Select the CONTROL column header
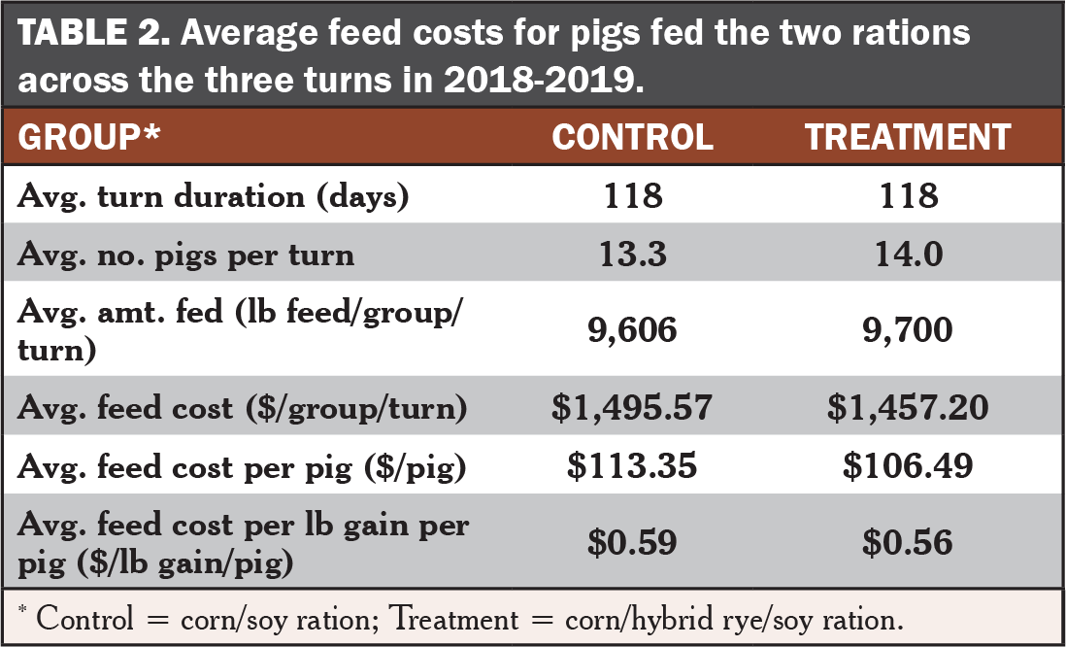click(x=632, y=137)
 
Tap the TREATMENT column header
click(x=908, y=137)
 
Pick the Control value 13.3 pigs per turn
click(x=632, y=255)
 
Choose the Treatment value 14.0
click(x=908, y=255)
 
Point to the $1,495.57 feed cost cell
click(x=632, y=408)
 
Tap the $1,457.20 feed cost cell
click(x=908, y=408)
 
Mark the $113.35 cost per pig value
click(x=632, y=466)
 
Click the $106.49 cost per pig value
click(x=908, y=466)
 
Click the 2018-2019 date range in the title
click(x=538, y=78)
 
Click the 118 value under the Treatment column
click(x=908, y=197)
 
